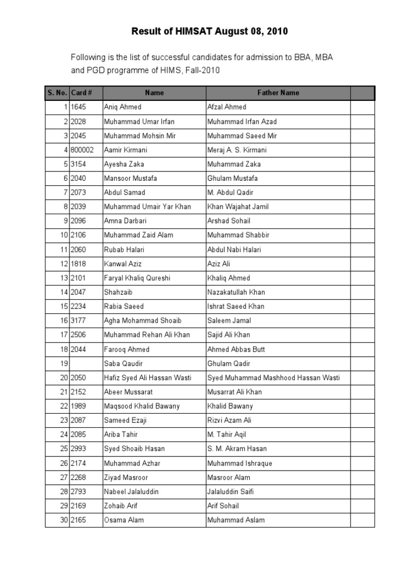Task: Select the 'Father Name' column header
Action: (x=278, y=93)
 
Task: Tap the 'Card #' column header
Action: (x=81, y=93)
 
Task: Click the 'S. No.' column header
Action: (x=57, y=93)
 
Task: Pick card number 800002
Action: (x=82, y=150)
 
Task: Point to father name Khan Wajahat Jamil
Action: (x=238, y=207)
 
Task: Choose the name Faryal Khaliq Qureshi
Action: (x=137, y=278)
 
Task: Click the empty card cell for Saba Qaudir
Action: (x=85, y=364)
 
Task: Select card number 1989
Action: (x=79, y=407)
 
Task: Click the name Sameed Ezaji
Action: (x=125, y=421)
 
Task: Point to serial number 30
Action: (x=64, y=520)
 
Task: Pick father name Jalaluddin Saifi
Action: (x=230, y=492)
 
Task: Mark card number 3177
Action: (x=79, y=321)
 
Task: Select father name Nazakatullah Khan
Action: (x=236, y=293)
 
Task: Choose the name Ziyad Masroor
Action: (x=126, y=478)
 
